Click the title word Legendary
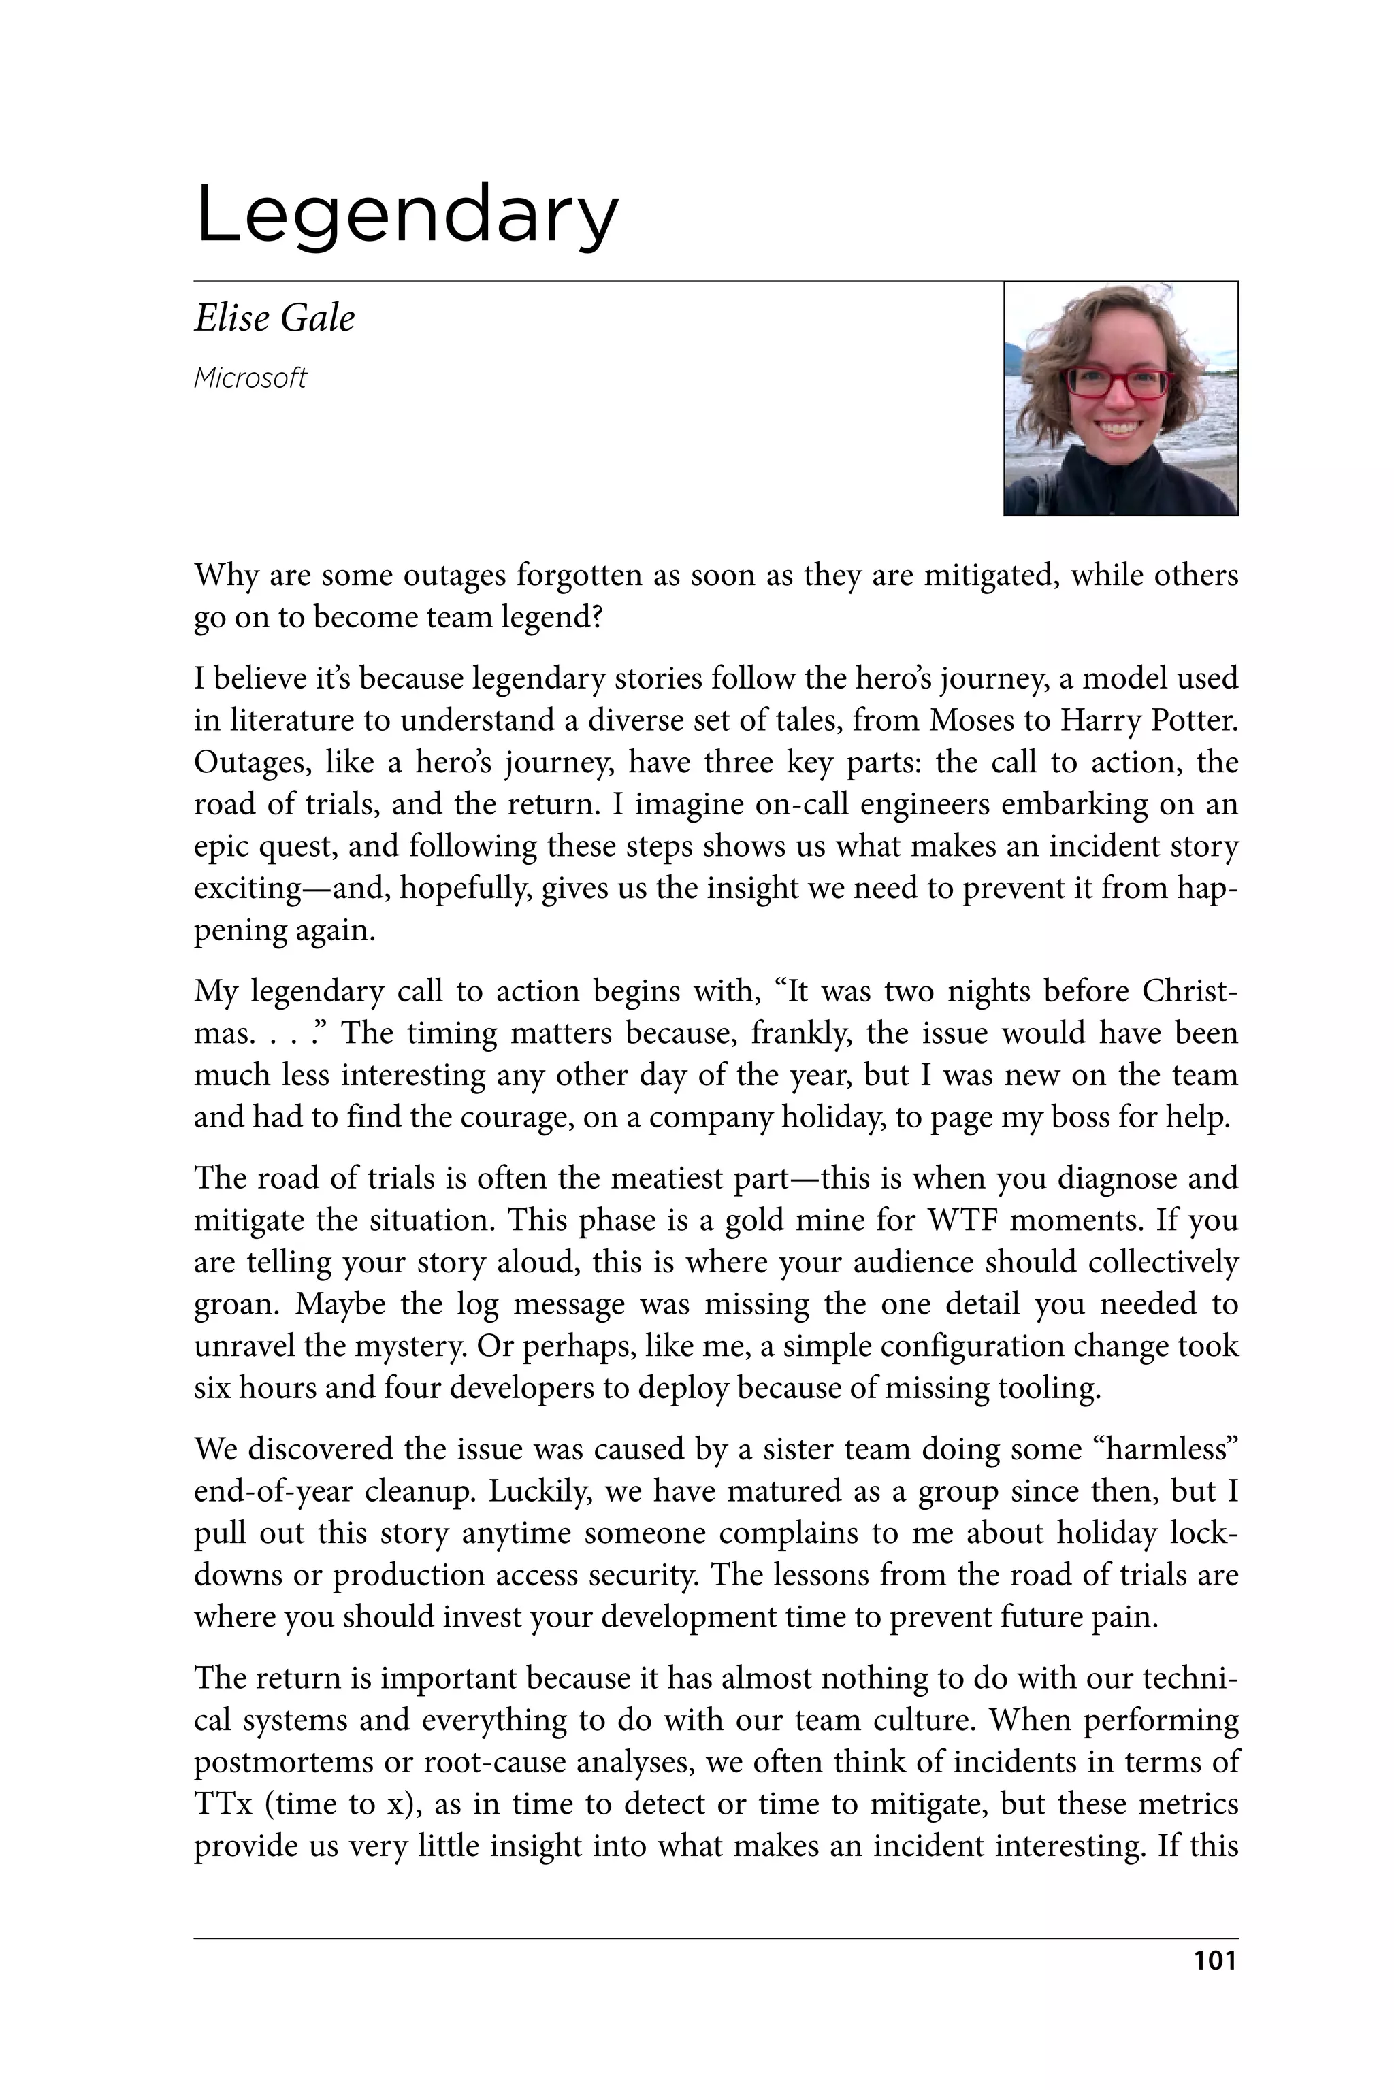click(x=406, y=215)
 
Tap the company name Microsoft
click(x=250, y=378)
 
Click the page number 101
click(x=1214, y=1961)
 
